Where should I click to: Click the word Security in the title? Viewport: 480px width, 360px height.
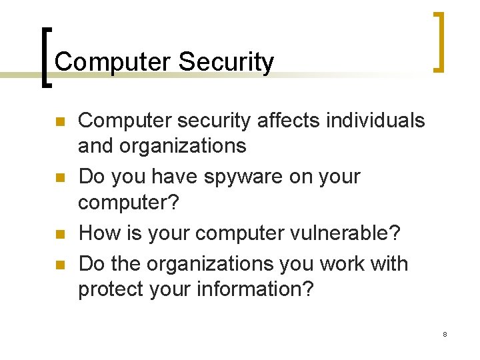[x=226, y=63]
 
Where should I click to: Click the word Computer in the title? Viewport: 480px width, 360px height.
[x=113, y=62]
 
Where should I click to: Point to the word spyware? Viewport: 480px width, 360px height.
[x=226, y=178]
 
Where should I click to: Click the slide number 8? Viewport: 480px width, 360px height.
[x=445, y=334]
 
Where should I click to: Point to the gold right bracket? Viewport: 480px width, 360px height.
[x=439, y=41]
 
